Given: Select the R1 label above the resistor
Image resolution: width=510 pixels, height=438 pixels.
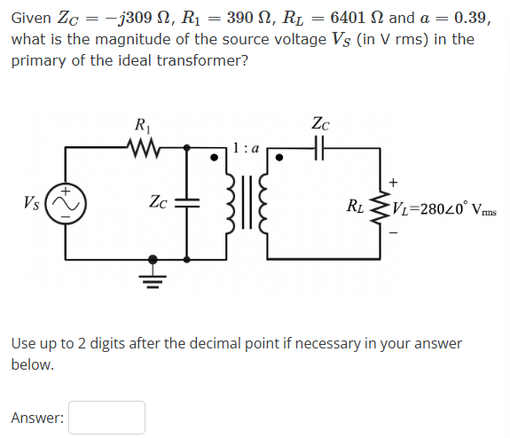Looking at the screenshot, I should point(141,125).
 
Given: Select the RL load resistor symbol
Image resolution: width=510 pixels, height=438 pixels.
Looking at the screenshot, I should point(383,209).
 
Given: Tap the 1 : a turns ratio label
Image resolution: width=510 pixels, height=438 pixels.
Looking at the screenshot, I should point(245,148).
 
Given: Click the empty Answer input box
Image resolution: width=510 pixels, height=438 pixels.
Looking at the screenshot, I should point(106,418).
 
